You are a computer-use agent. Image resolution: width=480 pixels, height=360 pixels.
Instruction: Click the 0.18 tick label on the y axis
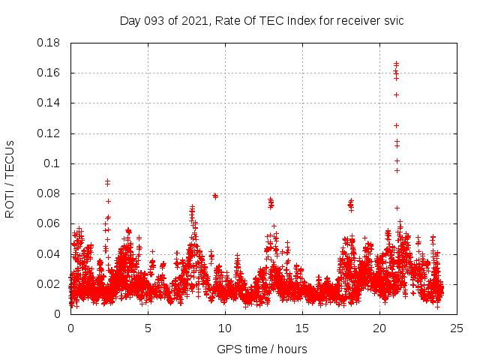(x=50, y=43)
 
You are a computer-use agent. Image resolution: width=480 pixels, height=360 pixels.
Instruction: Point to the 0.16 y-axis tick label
(x=50, y=73)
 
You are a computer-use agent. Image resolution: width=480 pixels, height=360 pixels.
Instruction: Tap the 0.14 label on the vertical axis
(x=50, y=103)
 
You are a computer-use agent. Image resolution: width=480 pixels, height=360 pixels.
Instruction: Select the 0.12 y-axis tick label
(x=50, y=133)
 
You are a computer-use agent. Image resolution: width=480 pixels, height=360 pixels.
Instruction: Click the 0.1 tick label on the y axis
(x=53, y=163)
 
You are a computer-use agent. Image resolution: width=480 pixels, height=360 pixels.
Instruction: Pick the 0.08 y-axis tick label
(x=50, y=193)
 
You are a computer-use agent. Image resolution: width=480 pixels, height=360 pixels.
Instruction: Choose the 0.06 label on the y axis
(x=50, y=223)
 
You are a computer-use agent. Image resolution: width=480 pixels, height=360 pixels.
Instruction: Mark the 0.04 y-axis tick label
(x=50, y=253)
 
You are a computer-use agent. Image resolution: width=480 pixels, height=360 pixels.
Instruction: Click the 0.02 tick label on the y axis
(x=50, y=284)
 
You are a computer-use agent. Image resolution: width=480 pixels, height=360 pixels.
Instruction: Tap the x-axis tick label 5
(x=148, y=328)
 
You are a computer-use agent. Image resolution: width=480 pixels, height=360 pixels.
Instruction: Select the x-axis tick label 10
(x=225, y=328)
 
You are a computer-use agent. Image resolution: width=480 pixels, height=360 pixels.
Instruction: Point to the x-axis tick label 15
(x=302, y=328)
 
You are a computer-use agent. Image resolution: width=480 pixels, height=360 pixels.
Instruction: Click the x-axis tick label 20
(x=379, y=328)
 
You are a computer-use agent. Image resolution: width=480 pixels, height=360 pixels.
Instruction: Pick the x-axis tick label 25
(x=457, y=328)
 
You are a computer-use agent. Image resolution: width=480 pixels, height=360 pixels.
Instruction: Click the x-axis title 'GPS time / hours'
(x=262, y=349)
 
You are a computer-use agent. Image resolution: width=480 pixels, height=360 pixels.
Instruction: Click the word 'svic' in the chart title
(x=393, y=20)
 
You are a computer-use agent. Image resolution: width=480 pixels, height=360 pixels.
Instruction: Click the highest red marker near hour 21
(x=396, y=64)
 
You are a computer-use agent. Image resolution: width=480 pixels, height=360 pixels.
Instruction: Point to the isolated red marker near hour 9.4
(x=215, y=196)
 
